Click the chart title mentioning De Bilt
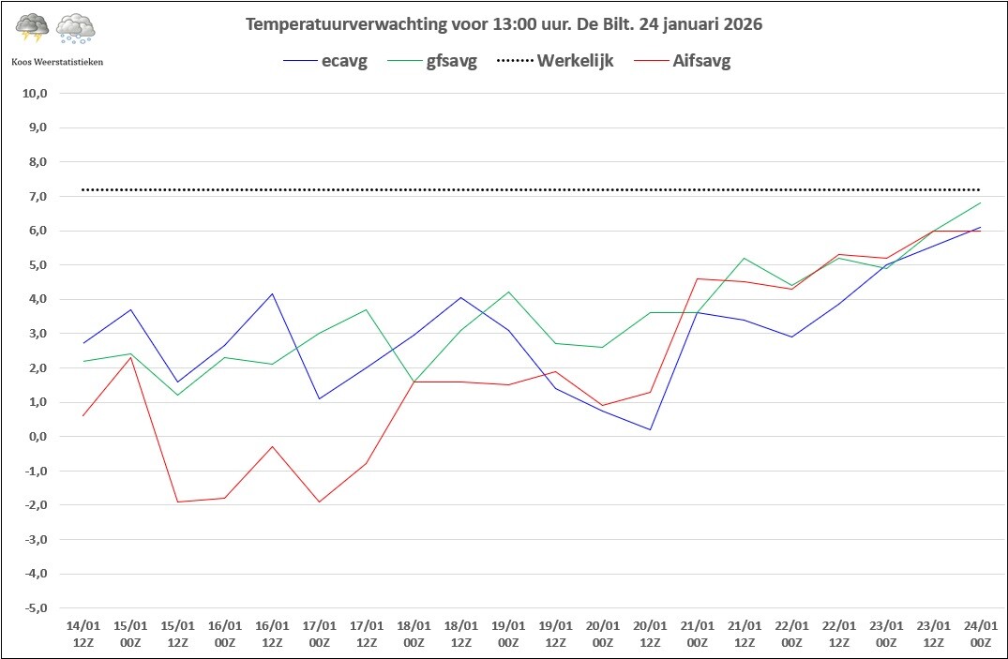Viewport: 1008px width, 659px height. [504, 24]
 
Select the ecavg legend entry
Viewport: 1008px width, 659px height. [325, 61]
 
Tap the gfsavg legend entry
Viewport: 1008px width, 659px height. [432, 62]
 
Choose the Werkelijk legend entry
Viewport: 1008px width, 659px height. [555, 61]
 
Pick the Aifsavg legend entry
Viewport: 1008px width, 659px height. [683, 61]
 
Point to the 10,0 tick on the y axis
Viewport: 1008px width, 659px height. [35, 93]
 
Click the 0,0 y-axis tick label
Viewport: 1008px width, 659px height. [38, 437]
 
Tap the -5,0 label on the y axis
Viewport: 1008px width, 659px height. [36, 607]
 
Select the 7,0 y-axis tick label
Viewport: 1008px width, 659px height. [38, 196]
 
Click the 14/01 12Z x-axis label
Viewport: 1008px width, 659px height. [83, 634]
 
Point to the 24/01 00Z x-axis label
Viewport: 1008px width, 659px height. [981, 634]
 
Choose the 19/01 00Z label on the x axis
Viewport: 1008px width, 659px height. [508, 634]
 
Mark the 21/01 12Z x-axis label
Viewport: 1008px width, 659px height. [745, 634]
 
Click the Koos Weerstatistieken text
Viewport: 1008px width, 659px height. [57, 62]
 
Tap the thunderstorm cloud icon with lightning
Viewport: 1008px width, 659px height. [32, 27]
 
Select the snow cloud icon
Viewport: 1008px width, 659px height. [76, 28]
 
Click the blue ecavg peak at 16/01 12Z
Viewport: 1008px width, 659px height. [272, 293]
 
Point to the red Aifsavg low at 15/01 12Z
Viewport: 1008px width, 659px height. [178, 502]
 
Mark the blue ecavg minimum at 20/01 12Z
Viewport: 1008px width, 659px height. [650, 429]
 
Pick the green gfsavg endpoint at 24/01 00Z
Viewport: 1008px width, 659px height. [981, 203]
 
